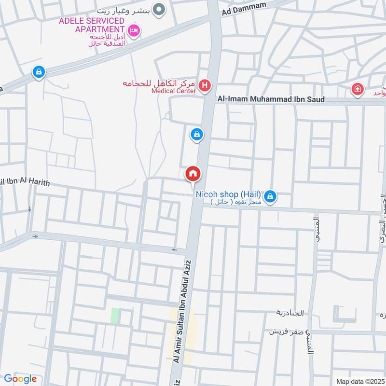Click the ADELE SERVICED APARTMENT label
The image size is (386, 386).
point(92,25)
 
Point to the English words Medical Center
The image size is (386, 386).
point(173,91)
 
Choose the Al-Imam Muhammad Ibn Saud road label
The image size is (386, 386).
point(271,99)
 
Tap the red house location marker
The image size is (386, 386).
point(193,174)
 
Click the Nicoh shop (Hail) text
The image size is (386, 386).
point(228,194)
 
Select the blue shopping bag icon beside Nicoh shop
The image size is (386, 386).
point(271,196)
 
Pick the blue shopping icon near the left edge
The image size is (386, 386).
point(38,72)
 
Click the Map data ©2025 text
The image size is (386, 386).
point(359,381)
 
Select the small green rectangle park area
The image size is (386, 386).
point(115,316)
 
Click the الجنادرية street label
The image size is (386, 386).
point(290,313)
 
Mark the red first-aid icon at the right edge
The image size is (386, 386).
point(357,89)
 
